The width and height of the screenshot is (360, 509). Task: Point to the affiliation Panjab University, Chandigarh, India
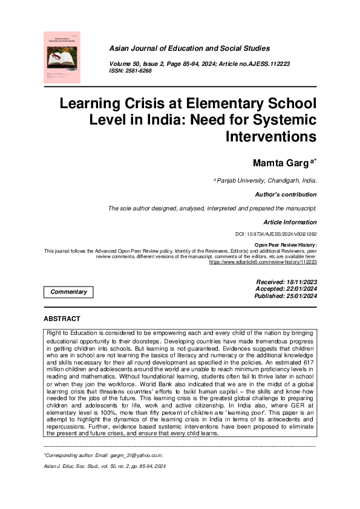pyautogui.click(x=266, y=181)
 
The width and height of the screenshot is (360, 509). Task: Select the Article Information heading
pyautogui.click(x=289, y=222)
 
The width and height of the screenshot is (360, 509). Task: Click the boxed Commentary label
pyautogui.click(x=69, y=292)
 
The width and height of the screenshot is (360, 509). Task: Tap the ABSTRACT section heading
pyautogui.click(x=62, y=319)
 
